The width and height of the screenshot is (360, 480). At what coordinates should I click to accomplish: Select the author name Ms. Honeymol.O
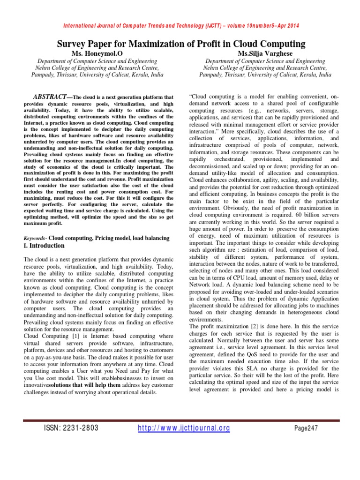[x=97, y=54]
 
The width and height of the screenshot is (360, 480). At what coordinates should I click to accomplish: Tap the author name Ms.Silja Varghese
[x=265, y=54]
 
